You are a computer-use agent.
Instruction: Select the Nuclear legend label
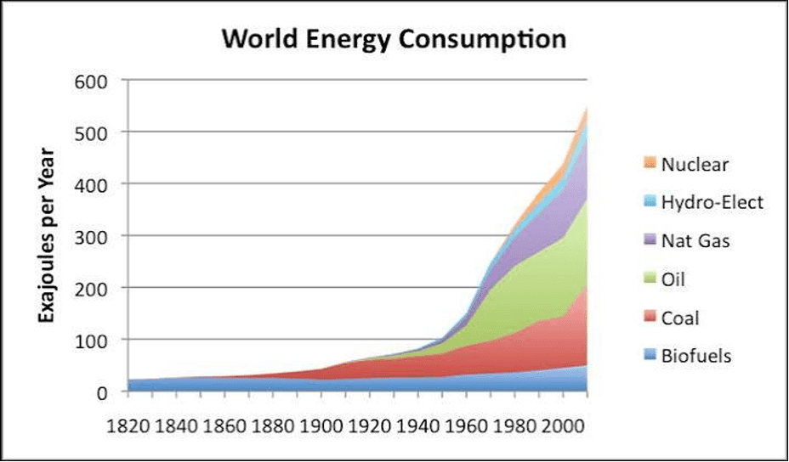695,164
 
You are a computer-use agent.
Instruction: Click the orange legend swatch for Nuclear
650,163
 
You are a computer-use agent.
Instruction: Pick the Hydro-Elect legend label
712,202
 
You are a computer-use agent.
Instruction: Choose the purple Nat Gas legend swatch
650,240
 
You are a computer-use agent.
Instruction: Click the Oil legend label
673,279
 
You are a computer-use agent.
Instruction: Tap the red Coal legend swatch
650,318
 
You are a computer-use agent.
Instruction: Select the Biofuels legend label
696,356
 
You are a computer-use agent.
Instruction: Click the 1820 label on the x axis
128,427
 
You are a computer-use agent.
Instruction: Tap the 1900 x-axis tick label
321,427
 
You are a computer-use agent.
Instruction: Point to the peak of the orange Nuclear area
587,108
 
